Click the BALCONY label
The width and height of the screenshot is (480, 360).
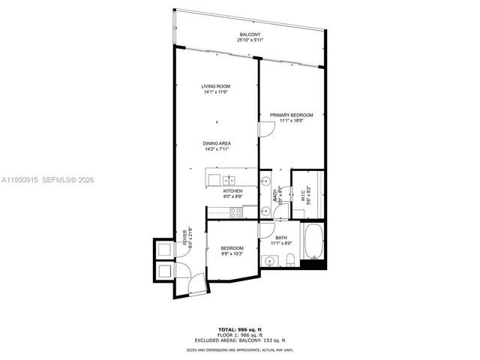click(249, 35)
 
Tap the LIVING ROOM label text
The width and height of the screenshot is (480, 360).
click(216, 88)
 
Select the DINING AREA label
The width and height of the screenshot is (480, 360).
click(216, 143)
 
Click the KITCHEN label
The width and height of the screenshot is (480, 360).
click(232, 191)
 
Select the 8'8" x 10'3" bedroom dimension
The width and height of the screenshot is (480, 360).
click(232, 253)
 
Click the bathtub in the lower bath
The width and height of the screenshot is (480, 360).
click(313, 246)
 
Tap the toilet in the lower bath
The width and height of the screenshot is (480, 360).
click(289, 260)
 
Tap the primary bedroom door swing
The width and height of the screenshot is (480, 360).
click(265, 129)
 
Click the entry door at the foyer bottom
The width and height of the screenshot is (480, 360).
click(196, 283)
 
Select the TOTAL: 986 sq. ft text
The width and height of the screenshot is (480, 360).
click(239, 329)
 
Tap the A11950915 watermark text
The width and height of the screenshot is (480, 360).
click(21, 181)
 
